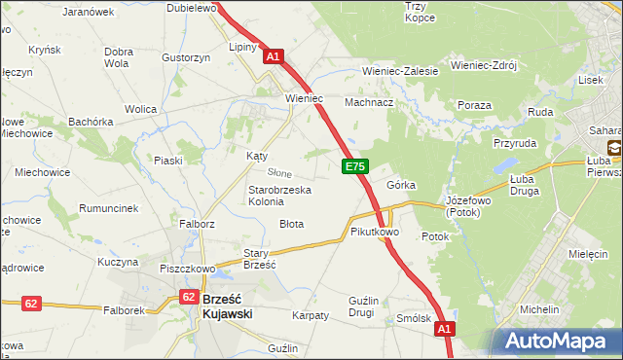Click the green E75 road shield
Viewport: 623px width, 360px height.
tap(354, 168)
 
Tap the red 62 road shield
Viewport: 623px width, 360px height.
tap(31, 304)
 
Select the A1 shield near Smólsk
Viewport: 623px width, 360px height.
tap(444, 331)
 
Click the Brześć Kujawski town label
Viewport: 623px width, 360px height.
tap(228, 306)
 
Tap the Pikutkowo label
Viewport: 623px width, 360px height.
tap(375, 233)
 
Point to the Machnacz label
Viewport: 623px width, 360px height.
tap(369, 101)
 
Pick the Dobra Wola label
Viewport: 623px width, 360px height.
tap(118, 57)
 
